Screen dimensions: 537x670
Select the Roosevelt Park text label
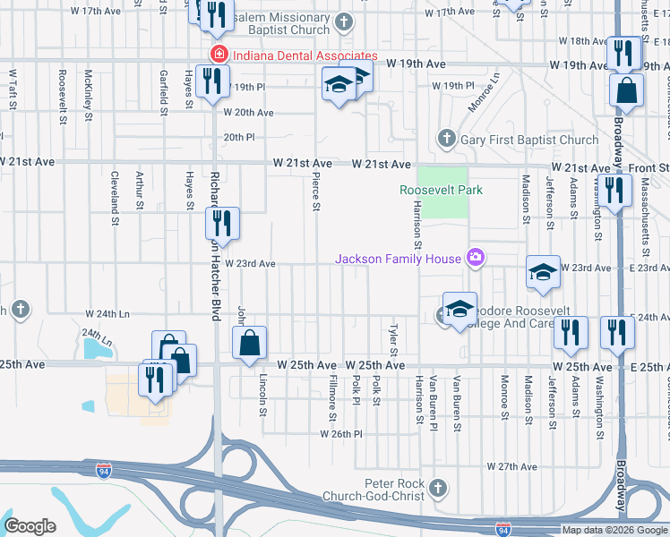coord(441,190)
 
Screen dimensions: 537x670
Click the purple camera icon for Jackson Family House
coord(475,260)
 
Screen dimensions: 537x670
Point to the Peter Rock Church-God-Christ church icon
coord(437,488)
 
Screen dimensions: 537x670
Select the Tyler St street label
coord(392,339)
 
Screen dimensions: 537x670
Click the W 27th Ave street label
coord(511,467)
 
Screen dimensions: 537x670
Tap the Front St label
coord(652,167)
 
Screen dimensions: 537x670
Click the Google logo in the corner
coord(30,526)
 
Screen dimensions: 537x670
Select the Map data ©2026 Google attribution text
coord(615,530)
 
